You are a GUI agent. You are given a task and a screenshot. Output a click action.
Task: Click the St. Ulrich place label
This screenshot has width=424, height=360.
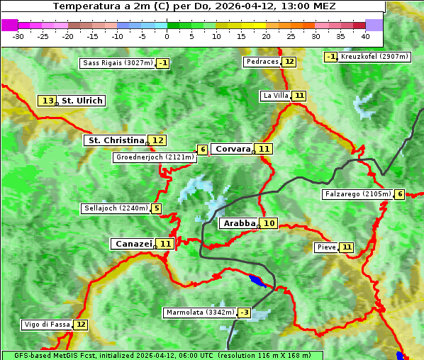82,101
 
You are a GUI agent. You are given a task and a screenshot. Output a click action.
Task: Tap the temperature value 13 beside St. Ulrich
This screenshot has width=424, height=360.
48,101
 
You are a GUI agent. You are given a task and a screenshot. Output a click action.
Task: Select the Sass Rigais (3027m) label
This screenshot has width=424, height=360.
117,63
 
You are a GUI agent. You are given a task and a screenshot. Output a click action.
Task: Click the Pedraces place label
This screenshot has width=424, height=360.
262,62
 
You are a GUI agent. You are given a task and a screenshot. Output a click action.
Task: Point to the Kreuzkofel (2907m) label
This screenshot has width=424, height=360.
374,57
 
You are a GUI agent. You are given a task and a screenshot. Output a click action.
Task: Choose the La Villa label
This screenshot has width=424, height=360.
275,96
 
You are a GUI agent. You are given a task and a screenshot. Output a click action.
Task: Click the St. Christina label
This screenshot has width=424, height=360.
116,140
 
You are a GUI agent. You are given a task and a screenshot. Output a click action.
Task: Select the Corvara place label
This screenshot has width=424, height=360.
233,149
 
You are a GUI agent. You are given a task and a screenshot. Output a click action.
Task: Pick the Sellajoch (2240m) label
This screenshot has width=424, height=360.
115,208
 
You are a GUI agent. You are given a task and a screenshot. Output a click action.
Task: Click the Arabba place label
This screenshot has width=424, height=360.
239,223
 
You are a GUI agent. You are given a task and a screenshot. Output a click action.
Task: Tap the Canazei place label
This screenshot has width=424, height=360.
133,244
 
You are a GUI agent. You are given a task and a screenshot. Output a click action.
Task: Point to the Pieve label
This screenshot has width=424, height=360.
326,247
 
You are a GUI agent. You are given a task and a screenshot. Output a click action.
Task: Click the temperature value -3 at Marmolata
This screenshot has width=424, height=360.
244,313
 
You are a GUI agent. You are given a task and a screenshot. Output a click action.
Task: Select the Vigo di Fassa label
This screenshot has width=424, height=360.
47,325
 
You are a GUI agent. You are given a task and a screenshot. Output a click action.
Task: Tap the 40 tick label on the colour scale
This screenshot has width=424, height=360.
365,35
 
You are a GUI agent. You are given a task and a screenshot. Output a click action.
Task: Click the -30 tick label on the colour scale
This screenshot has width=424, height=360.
18,35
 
